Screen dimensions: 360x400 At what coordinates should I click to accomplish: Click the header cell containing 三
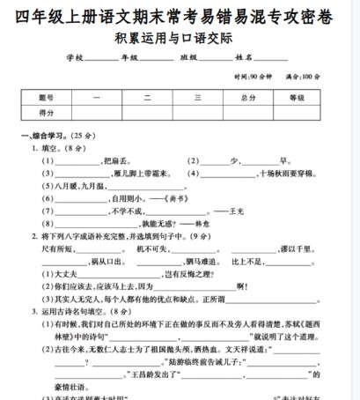(x=198, y=98)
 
